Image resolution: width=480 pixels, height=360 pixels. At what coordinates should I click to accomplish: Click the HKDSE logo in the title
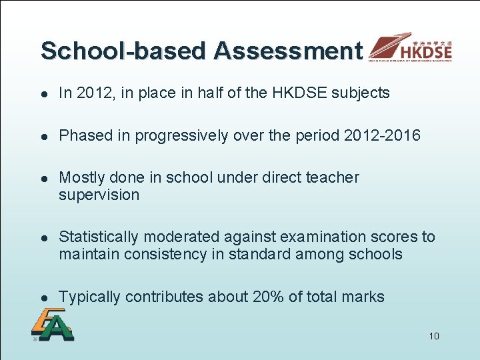(411, 47)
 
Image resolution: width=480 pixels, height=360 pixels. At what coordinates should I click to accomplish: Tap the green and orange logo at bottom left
(51, 327)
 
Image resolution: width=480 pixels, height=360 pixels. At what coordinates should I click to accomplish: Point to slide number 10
(434, 336)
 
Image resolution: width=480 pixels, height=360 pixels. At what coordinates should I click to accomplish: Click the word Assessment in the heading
(288, 51)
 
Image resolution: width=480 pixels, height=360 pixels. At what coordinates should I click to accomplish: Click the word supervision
(99, 195)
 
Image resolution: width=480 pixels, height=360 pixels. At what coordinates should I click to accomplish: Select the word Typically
(89, 297)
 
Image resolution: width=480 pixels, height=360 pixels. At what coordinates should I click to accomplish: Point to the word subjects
(363, 93)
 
